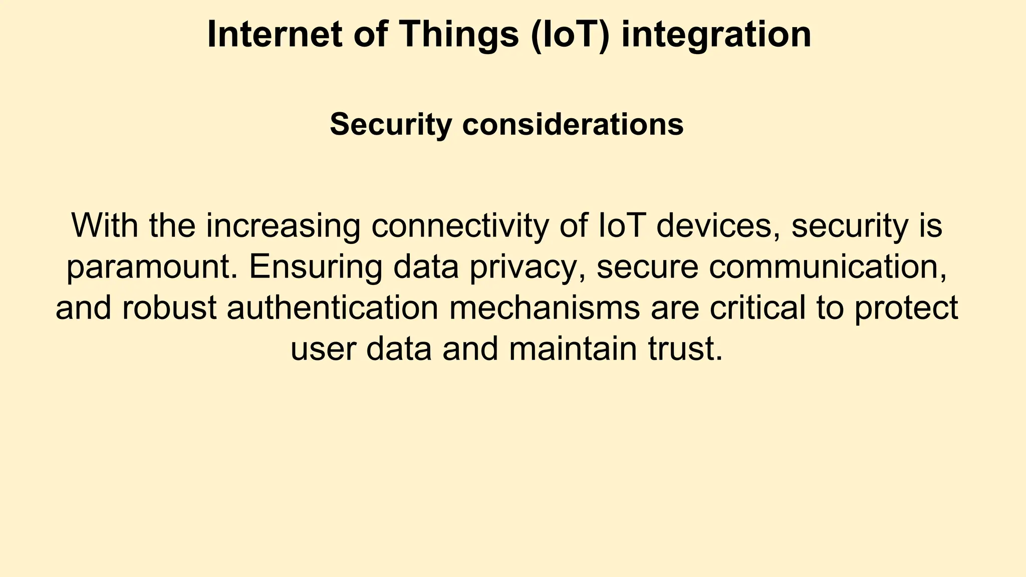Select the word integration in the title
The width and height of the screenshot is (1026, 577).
click(716, 35)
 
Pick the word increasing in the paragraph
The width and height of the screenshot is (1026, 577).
click(283, 226)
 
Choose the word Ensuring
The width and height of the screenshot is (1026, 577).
click(316, 268)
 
